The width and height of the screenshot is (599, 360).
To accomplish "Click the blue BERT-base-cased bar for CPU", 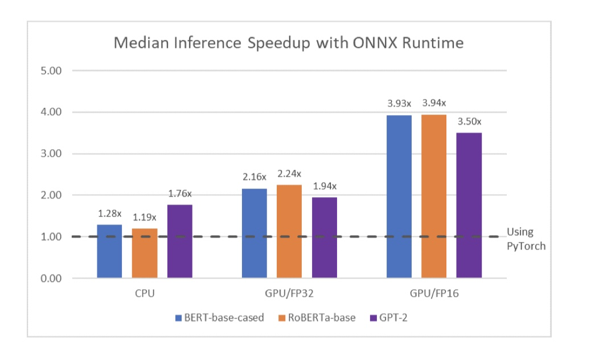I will pos(109,251).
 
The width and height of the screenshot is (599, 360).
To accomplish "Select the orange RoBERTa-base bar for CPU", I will pos(145,253).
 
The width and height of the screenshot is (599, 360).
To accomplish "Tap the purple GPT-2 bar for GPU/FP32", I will pos(324,238).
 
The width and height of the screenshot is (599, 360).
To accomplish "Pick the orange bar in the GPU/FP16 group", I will pos(434,197).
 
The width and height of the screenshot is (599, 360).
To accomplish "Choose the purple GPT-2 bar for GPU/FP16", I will pos(469,205).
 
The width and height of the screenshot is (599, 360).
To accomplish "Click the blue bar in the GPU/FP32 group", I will pos(254,233).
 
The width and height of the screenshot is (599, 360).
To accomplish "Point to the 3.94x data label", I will pos(434,103).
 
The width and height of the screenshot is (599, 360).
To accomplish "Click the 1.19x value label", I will pos(145,217).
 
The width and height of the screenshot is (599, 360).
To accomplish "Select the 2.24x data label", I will pos(289,174).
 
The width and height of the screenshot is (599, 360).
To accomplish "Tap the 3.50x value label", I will pos(469,121).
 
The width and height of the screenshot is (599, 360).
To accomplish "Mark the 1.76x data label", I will pos(180,194).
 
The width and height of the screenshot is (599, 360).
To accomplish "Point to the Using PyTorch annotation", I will pos(526,239).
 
